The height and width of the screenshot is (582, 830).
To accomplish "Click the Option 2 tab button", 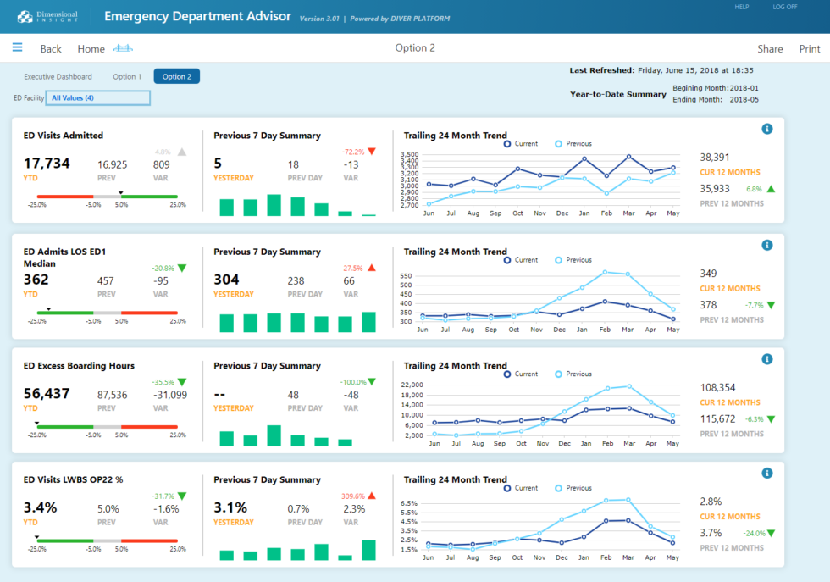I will [x=176, y=76].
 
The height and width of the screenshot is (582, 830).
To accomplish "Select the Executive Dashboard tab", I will [x=58, y=76].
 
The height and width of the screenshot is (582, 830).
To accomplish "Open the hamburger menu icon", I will [x=17, y=47].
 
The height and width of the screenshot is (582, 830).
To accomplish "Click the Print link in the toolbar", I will [x=809, y=48].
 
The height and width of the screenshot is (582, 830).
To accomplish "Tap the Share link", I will [x=770, y=48].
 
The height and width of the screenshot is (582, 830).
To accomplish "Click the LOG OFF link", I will [x=784, y=7].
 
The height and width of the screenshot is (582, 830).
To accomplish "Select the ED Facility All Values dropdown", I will [x=97, y=97].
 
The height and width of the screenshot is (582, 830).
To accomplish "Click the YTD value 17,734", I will [x=47, y=164].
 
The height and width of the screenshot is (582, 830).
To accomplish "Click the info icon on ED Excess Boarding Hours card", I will [x=766, y=359].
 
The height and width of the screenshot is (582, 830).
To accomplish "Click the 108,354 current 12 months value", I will [x=717, y=387].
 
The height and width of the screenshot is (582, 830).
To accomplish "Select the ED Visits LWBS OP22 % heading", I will [x=73, y=479].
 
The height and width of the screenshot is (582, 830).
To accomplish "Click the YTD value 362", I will [x=36, y=280].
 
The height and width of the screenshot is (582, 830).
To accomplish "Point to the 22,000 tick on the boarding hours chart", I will [x=411, y=385].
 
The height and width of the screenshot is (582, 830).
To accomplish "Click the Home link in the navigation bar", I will [x=91, y=48].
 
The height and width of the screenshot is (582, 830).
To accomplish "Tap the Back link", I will [x=51, y=48].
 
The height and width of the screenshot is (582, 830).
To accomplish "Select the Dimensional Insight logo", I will [x=47, y=16].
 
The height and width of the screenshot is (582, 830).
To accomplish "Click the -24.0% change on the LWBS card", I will [x=754, y=533].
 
